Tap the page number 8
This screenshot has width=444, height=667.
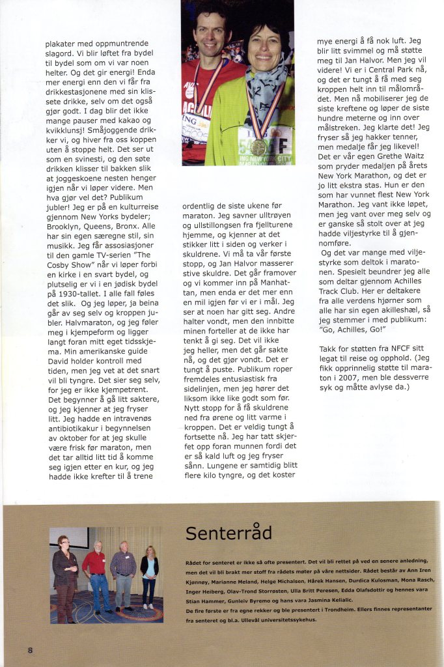30,649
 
